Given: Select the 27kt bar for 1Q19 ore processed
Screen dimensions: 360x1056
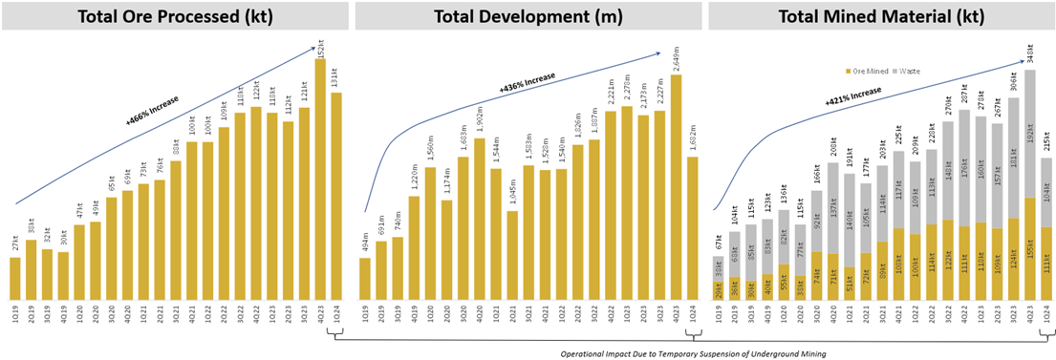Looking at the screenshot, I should [x=15, y=277].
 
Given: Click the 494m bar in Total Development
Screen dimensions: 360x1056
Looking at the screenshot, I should [x=365, y=277].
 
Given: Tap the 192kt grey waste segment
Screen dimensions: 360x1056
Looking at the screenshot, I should [x=1029, y=134].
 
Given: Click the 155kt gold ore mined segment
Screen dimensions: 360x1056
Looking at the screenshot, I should [x=1029, y=248].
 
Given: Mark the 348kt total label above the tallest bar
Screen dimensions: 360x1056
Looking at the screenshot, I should [x=1029, y=53].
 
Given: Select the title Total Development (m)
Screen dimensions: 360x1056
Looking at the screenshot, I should [x=527, y=16].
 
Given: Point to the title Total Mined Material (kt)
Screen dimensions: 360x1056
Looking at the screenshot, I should [x=879, y=16].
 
